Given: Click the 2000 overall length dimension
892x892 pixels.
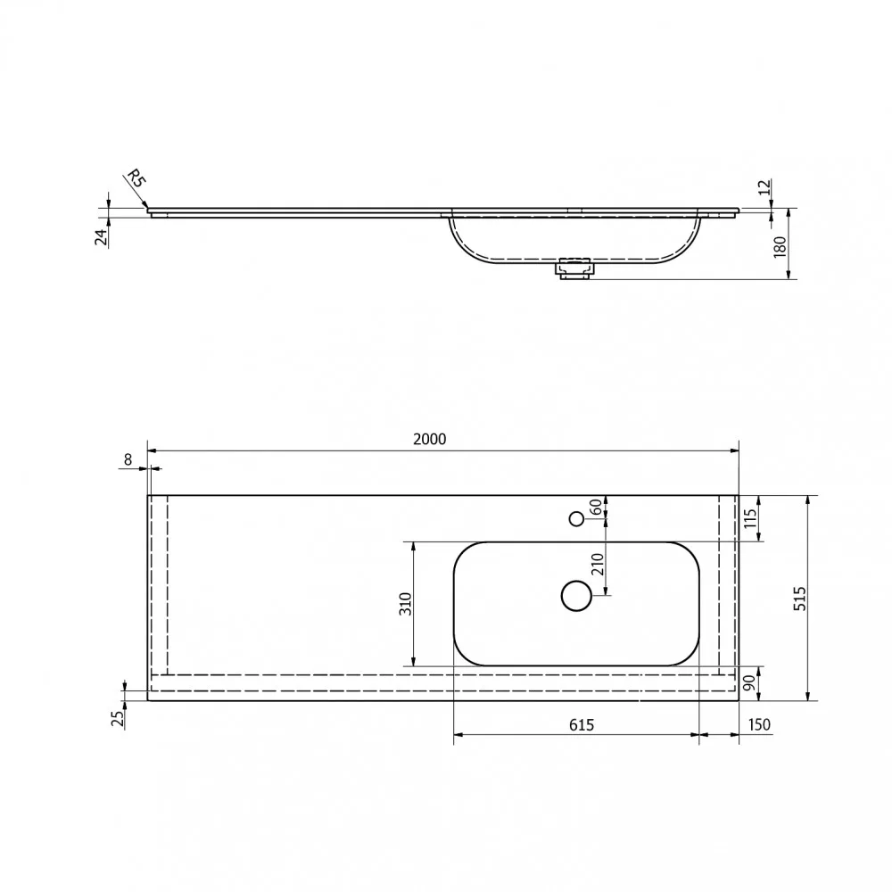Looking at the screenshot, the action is coord(430,439).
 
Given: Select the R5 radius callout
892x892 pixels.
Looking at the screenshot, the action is coord(136,178).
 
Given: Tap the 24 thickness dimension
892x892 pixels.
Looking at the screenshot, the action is coord(102,236).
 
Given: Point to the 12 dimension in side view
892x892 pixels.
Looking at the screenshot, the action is coord(764,186).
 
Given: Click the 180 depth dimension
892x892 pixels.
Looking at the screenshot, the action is coord(780,247).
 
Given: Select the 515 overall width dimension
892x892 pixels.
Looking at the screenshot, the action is coord(799,599).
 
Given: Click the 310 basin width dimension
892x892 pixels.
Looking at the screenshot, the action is coord(405,604).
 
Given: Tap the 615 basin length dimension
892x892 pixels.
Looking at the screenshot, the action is coord(582,724).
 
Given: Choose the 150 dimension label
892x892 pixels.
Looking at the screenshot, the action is coord(759,724).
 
